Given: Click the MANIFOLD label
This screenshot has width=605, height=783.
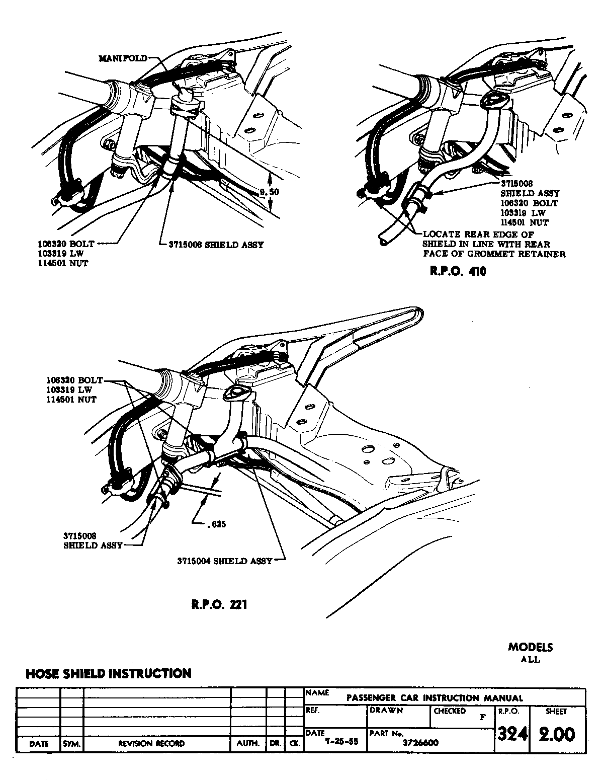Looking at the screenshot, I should (123, 58).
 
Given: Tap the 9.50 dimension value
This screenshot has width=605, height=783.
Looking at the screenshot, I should (268, 192).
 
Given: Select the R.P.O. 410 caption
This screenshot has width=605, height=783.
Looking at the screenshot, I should (457, 272).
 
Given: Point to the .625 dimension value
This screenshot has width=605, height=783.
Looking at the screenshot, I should (216, 524).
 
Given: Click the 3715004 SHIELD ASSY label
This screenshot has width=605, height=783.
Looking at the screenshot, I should (224, 561).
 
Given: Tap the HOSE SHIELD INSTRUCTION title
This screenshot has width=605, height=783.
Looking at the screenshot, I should (108, 673).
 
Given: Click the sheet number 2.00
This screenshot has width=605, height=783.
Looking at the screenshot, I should (556, 735).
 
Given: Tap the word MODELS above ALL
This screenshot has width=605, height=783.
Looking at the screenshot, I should (530, 647).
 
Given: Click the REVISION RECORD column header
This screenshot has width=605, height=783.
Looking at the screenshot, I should (151, 743).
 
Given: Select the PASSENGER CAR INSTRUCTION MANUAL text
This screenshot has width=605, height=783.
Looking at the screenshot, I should (435, 698).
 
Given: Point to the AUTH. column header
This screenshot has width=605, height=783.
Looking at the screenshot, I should (248, 743).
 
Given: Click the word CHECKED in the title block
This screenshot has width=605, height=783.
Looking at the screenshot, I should (449, 712).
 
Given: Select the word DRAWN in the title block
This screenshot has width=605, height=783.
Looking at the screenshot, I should (386, 711).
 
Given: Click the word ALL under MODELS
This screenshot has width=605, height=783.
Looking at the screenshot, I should (530, 659).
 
